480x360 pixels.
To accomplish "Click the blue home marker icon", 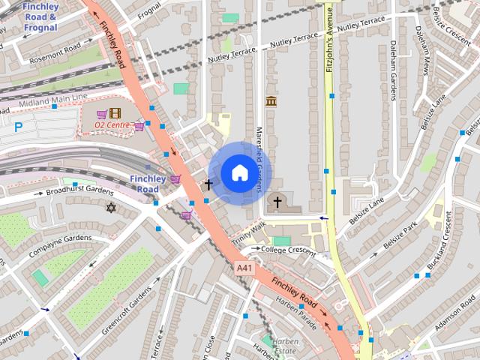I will point(238,172).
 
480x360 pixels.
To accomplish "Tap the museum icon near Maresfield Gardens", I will point(271,101).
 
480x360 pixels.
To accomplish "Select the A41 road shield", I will point(243,268).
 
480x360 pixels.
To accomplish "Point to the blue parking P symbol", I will point(18,127).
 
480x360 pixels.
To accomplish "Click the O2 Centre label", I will point(112,124).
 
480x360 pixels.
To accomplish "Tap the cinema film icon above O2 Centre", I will point(115,113).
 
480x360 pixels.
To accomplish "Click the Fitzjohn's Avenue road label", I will point(329,41).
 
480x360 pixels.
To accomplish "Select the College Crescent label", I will point(289,250).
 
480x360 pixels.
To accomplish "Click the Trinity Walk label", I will point(248,232).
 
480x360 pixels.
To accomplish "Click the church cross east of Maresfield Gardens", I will point(277,202).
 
